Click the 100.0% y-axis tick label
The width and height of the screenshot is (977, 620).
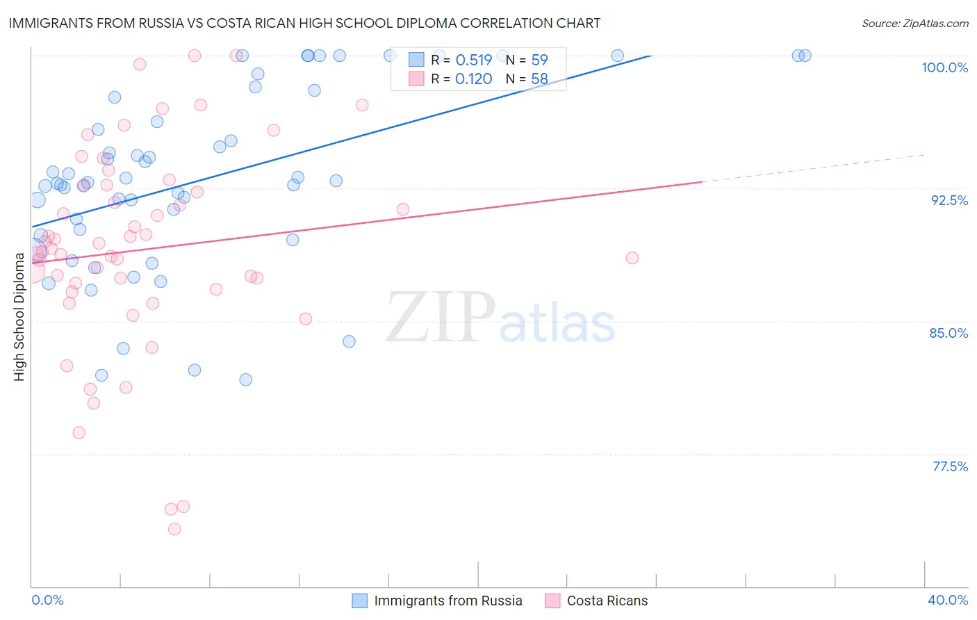click(944, 67)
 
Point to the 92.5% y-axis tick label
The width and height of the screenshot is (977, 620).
click(949, 200)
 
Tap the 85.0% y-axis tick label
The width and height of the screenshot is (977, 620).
click(949, 333)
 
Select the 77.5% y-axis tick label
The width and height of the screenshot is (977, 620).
click(950, 466)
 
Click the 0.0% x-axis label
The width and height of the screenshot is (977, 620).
click(47, 600)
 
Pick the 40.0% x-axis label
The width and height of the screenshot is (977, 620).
click(948, 600)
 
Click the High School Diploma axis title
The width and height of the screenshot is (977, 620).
click(19, 317)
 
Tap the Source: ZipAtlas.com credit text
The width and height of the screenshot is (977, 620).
click(914, 24)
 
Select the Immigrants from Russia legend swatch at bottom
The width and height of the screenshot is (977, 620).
click(359, 601)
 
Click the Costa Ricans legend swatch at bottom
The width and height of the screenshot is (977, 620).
click(552, 601)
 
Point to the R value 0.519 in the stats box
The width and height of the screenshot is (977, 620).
click(473, 60)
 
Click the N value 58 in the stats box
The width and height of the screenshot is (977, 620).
click(539, 79)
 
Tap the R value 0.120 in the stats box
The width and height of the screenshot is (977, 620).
click(473, 79)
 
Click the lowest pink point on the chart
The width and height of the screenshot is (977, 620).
click(174, 529)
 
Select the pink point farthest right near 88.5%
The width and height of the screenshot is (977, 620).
click(632, 258)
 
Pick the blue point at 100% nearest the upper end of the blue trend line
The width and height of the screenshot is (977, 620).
click(617, 56)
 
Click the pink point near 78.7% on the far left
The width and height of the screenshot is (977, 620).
click(79, 432)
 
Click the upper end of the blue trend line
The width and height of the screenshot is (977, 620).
click(651, 56)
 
